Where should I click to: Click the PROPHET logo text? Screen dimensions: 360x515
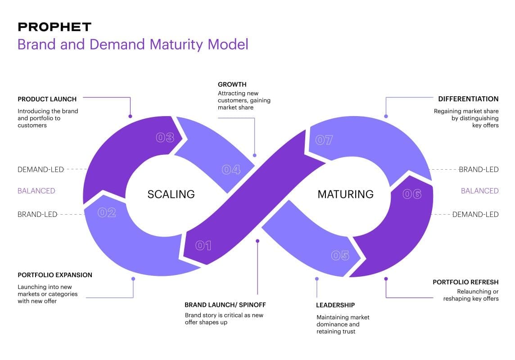[54, 27]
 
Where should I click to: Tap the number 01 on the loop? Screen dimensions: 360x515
[203, 245]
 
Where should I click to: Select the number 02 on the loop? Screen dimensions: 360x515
[107, 212]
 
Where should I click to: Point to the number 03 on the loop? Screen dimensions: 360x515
[165, 138]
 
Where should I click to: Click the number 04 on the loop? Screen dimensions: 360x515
[231, 170]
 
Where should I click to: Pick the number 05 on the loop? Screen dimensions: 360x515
[340, 256]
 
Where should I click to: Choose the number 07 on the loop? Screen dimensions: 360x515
[324, 140]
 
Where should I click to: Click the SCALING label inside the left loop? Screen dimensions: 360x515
[171, 194]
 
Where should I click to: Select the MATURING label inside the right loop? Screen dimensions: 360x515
[345, 194]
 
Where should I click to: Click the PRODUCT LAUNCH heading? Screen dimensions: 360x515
[47, 99]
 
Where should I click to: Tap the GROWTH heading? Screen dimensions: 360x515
[232, 85]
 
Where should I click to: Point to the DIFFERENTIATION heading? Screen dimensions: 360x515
[468, 99]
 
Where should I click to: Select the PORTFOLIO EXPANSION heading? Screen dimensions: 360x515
[55, 275]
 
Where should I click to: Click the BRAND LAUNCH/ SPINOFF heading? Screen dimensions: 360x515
[226, 305]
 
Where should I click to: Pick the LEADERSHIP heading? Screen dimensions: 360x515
[335, 305]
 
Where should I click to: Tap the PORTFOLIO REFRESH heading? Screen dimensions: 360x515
[465, 282]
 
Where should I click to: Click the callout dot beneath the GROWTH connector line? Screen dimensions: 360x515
[255, 155]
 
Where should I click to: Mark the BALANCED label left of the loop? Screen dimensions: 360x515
[36, 191]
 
